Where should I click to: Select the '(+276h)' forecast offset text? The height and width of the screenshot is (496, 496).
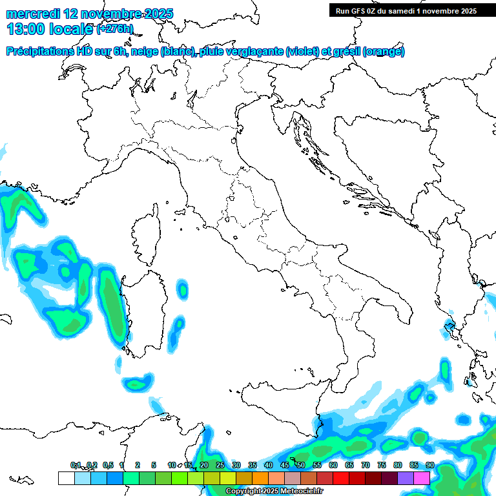114,29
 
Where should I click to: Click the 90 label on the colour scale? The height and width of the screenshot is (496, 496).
430,465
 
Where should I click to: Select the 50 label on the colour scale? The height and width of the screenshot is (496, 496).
301,465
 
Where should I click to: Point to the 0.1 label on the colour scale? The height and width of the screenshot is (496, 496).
76,465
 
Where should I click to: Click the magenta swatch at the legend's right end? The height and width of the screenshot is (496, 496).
422,478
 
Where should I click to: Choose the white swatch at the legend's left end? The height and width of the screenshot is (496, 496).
66,478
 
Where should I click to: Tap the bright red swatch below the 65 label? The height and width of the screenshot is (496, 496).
341,478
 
